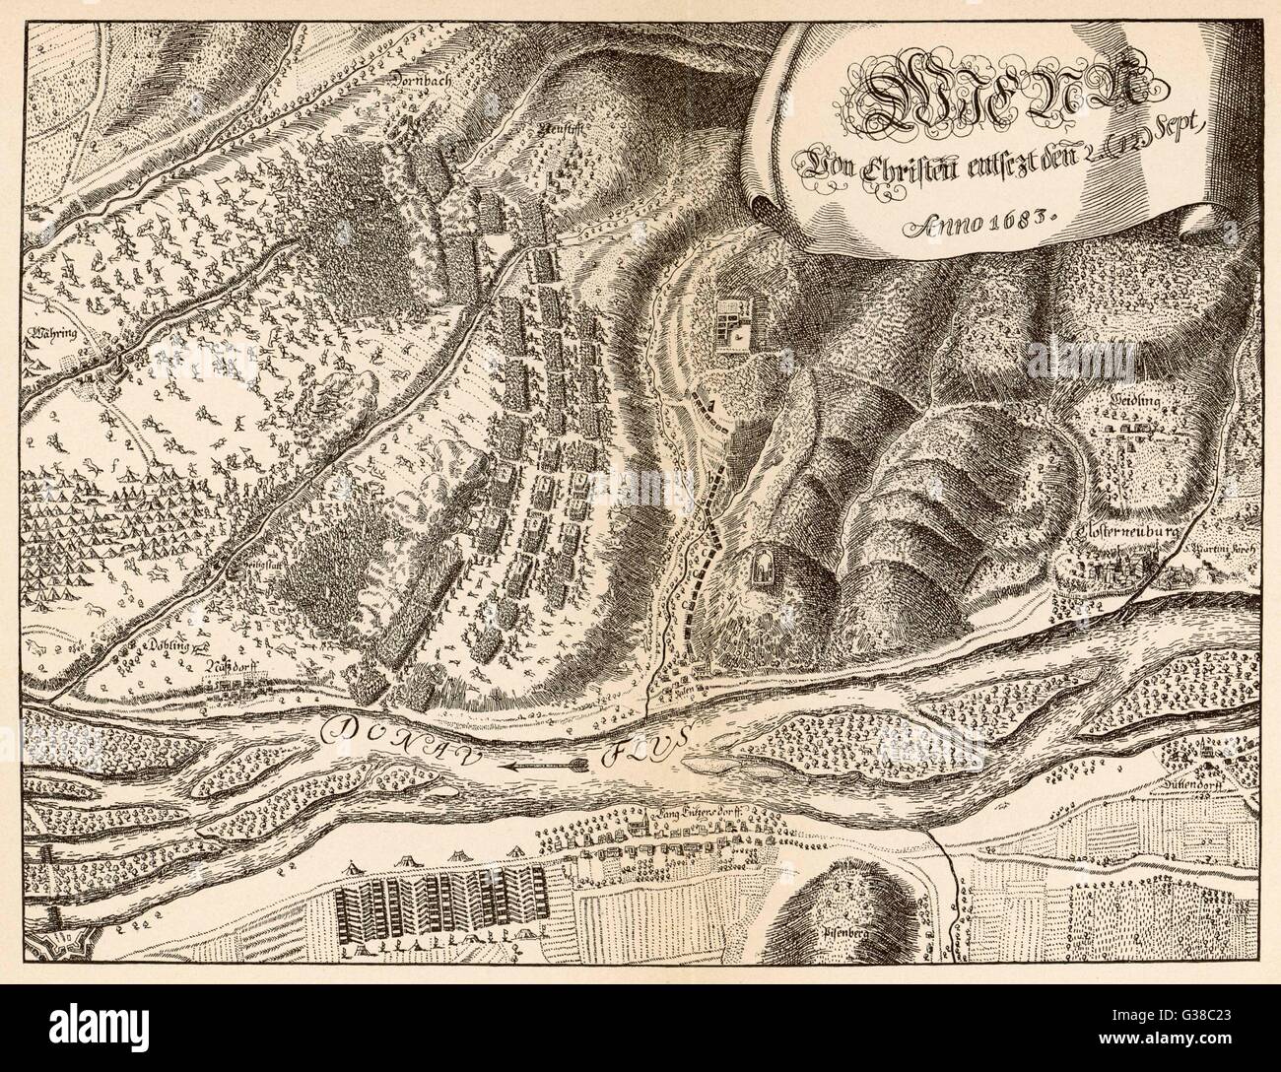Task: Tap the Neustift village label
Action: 556,129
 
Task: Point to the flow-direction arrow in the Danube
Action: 542,763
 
